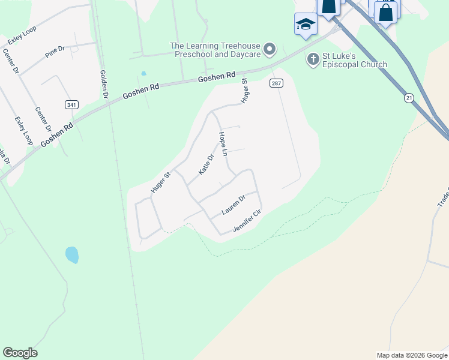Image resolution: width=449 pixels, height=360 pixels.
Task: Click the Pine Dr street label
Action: click(x=55, y=52)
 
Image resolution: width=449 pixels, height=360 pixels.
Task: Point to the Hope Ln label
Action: click(x=223, y=145)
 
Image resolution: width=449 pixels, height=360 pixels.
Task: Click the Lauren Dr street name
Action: click(x=234, y=204)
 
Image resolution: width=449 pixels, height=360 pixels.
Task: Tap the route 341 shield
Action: click(x=71, y=104)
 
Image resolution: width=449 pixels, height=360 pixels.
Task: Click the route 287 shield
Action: click(x=276, y=83)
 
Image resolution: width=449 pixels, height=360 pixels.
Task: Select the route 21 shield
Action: click(x=409, y=97)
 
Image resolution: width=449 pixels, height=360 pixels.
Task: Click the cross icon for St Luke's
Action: click(x=312, y=59)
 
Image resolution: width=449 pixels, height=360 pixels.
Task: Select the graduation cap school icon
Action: click(x=306, y=25)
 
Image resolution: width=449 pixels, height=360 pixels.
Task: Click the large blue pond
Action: click(x=72, y=254)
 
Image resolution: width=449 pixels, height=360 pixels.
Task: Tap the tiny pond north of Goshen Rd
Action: click(x=143, y=74)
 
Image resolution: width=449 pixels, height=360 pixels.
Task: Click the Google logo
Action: click(x=20, y=353)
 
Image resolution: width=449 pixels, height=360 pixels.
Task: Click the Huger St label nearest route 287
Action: click(x=244, y=91)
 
